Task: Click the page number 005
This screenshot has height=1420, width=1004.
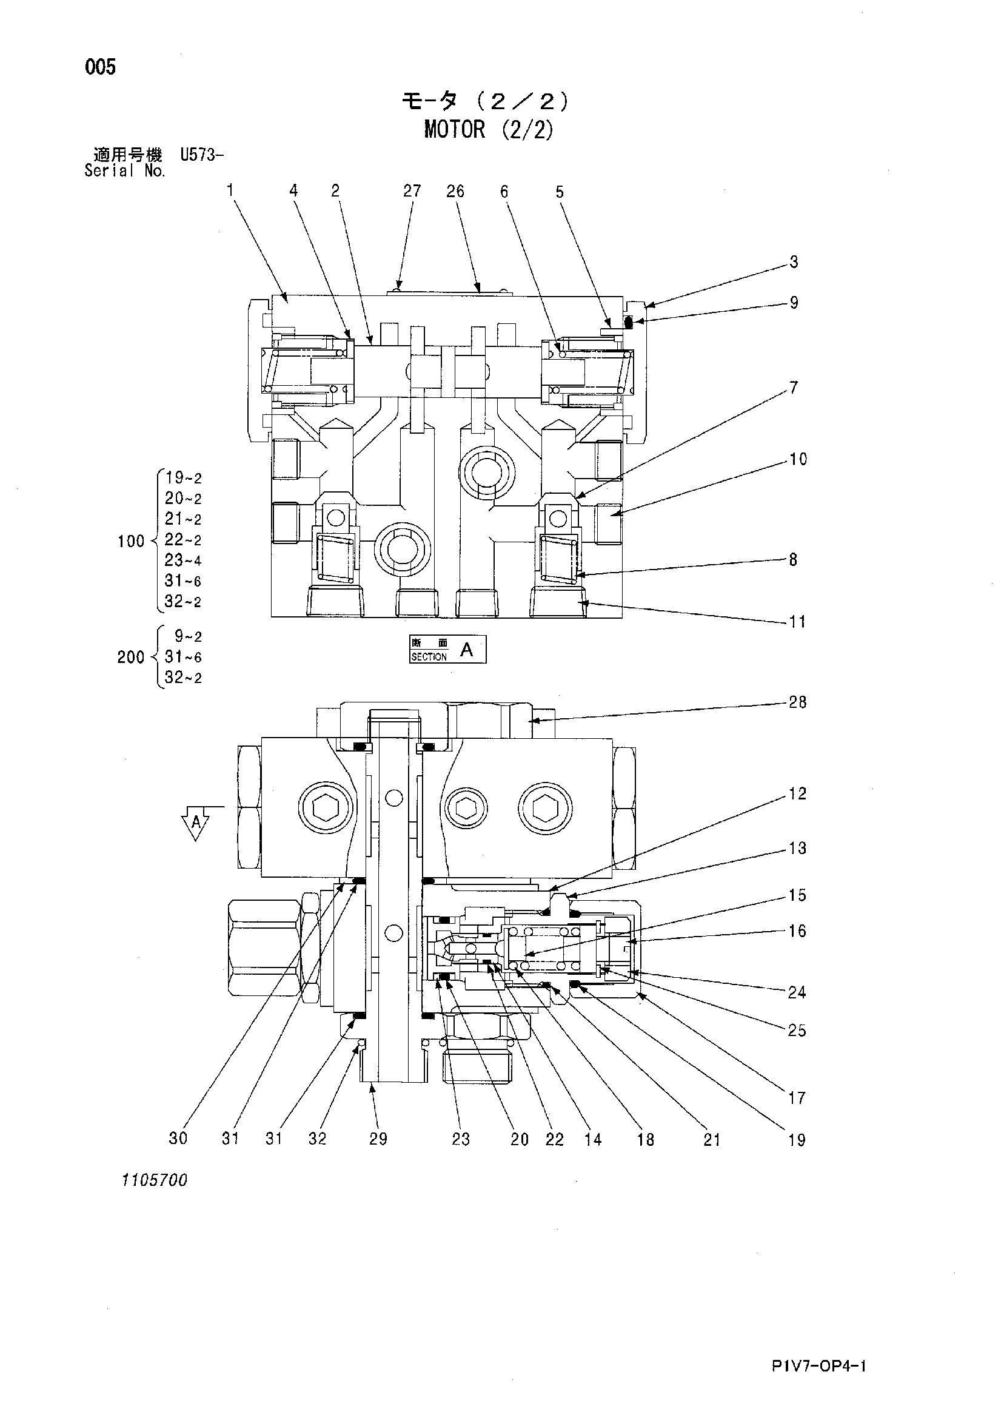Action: [x=101, y=67]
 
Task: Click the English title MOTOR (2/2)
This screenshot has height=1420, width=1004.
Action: [x=489, y=129]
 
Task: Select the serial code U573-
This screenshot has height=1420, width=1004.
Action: [x=201, y=154]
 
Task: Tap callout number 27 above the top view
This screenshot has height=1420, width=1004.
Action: [x=412, y=191]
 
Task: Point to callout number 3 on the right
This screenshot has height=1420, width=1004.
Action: [x=794, y=262]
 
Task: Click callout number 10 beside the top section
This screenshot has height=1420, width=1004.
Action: [x=798, y=459]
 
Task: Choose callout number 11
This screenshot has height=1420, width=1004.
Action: [x=797, y=622]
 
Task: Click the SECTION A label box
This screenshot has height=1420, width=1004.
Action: [x=447, y=650]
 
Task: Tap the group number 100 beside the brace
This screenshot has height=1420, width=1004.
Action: [x=131, y=542]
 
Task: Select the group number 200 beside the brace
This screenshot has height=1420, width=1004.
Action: [x=131, y=657]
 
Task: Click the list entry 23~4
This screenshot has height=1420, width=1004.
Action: [x=183, y=560]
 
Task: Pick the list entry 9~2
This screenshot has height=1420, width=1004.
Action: [x=188, y=636]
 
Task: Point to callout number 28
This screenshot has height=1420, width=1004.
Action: [x=797, y=702]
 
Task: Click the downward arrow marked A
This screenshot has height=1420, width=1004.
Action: [x=196, y=823]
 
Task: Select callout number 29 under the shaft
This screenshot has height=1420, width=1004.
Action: [x=378, y=1139]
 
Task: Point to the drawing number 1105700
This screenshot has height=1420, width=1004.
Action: [x=155, y=1180]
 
